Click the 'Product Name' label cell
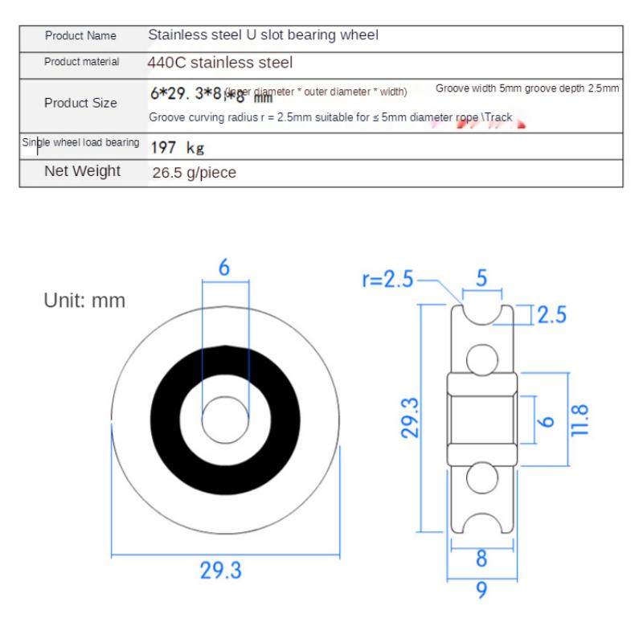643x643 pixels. click(80, 36)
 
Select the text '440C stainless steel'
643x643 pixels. click(219, 62)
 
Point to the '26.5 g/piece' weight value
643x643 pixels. click(194, 172)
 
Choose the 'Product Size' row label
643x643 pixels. click(80, 103)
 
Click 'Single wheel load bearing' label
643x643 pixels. click(80, 143)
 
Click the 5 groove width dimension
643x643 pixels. click(481, 278)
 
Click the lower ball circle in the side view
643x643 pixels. click(481, 477)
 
